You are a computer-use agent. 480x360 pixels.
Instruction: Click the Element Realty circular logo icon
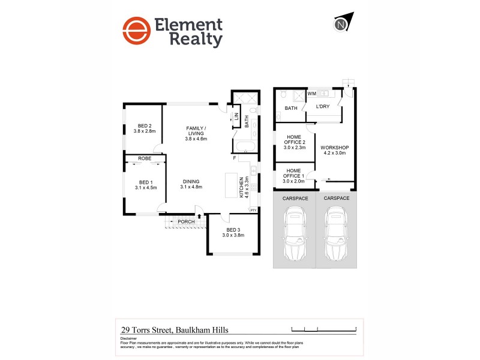[136, 31]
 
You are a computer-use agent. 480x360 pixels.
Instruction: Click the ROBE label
[145, 158]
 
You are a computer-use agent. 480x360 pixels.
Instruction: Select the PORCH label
[186, 221]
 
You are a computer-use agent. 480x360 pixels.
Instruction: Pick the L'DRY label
[323, 106]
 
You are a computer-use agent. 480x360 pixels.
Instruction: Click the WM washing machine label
[311, 94]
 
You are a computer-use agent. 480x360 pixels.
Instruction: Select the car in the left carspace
[295, 232]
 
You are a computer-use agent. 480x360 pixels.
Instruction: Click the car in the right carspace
[336, 232]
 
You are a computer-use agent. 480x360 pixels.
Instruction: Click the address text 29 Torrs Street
[175, 329]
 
